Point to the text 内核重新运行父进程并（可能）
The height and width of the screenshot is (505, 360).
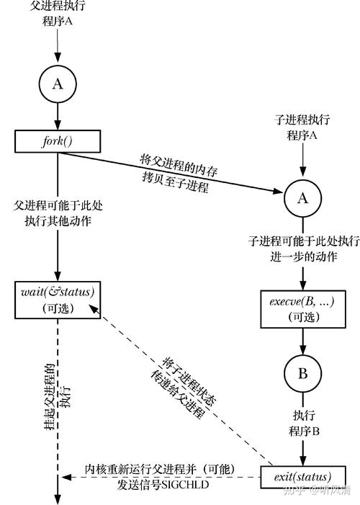(x=159, y=469)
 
